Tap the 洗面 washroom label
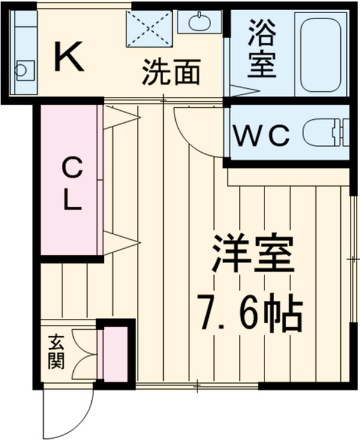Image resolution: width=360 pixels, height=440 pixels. click(171, 73)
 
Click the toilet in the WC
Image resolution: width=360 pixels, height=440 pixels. click(325, 132)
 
